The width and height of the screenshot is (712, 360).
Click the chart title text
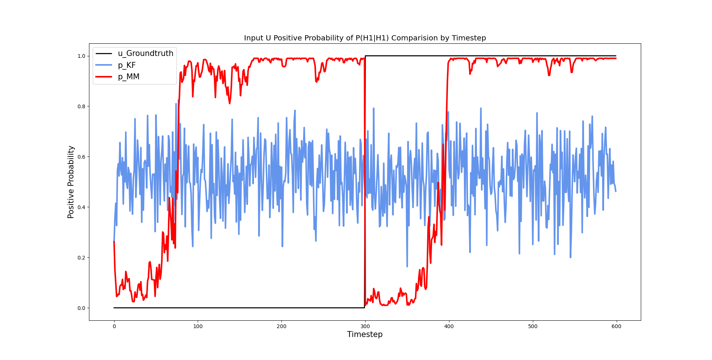click(365, 38)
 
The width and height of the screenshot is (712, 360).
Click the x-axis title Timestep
click(365, 334)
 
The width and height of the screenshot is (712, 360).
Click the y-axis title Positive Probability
click(71, 182)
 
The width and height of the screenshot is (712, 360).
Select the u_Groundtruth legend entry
click(145, 53)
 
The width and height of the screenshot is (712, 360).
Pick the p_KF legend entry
click(127, 65)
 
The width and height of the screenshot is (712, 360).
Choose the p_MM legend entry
click(129, 77)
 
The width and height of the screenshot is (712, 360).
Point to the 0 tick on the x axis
click(114, 327)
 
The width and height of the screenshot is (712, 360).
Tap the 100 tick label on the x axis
click(198, 327)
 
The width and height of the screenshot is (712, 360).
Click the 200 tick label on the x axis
click(281, 327)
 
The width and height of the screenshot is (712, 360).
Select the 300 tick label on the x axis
click(365, 327)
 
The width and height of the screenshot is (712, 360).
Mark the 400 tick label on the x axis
click(449, 327)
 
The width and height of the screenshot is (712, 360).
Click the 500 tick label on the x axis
click(533, 327)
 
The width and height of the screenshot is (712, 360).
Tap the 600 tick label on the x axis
click(616, 327)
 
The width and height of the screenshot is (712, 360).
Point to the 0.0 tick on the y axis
click(81, 308)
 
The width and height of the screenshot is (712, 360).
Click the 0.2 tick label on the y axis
click(81, 258)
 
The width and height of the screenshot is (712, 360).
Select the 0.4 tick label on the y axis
click(81, 207)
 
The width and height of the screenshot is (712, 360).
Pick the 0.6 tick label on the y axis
click(81, 157)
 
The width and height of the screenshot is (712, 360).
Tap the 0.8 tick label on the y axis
click(81, 106)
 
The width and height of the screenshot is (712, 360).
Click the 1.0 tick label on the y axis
click(81, 56)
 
